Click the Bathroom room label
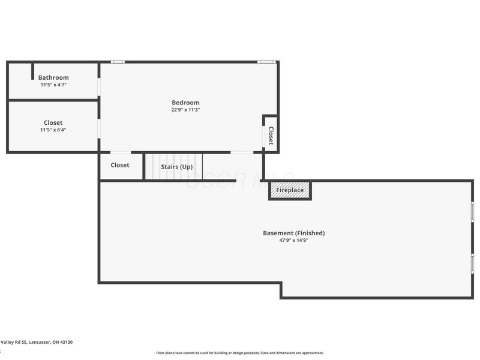point(53,77)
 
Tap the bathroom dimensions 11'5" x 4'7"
point(53,85)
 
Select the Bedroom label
point(185,103)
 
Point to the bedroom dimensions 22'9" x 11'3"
point(185,110)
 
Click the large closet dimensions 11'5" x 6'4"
point(53,130)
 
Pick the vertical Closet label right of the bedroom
point(271,136)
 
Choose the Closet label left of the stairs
point(120,165)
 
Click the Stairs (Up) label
point(176,166)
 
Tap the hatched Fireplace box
point(290,190)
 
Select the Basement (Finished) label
point(294,233)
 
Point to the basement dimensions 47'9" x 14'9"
point(294,240)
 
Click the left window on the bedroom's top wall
point(118,62)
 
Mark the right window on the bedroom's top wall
point(266,62)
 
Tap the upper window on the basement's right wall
point(472,212)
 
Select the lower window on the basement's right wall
point(472,263)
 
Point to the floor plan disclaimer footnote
point(240,353)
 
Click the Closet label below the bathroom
point(53,123)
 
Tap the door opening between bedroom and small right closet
point(263,136)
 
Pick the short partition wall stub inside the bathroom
point(32,71)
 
